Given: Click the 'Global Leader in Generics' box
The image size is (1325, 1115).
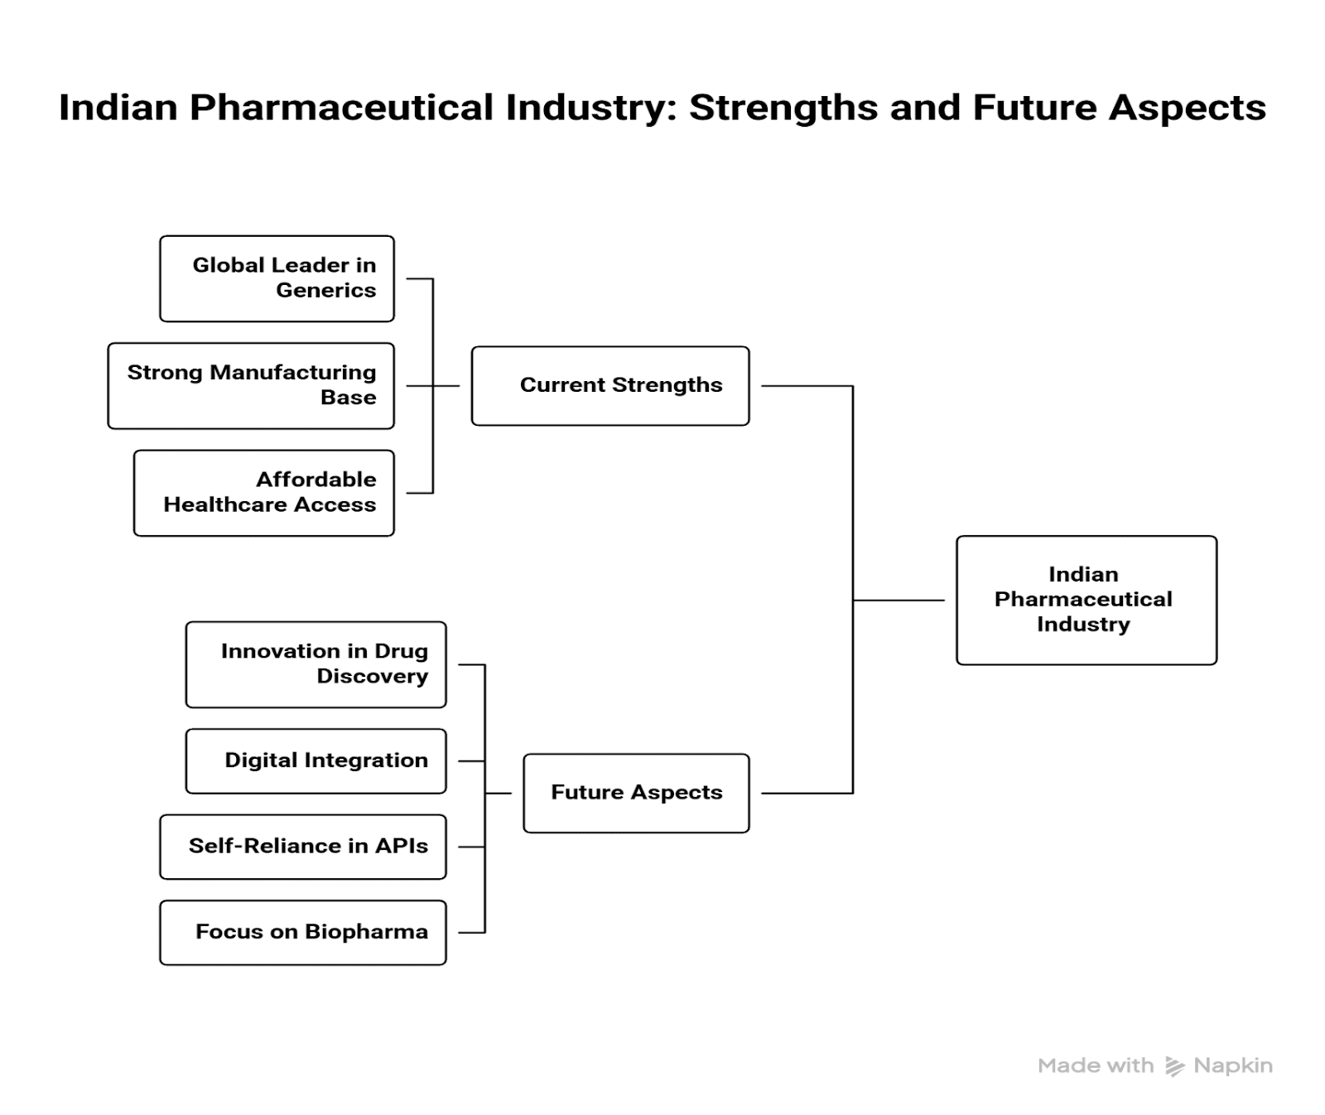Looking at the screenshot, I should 277,278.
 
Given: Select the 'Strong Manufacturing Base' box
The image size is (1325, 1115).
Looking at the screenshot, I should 251,386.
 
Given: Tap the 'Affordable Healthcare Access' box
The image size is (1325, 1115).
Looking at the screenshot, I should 263,493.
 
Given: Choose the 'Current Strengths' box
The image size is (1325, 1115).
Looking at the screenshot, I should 610,386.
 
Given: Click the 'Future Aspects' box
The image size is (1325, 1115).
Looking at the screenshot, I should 636,793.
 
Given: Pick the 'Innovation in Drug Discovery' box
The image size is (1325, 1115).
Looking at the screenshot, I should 316,664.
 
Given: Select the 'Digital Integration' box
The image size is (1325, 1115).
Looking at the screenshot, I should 316,760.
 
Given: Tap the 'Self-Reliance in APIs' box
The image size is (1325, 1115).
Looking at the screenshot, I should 302,847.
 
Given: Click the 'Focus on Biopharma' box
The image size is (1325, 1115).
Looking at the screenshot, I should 302,932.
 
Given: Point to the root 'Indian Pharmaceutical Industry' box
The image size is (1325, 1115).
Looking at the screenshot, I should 1086,600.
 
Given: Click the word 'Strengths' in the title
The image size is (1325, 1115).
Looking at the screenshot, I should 783,109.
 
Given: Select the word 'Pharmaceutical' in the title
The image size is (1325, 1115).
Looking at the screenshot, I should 341,109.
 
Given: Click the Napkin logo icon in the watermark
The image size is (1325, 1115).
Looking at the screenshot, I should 1174,1066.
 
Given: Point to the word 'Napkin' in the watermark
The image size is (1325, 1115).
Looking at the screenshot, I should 1233,1066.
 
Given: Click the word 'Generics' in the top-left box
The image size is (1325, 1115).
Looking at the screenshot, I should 325,291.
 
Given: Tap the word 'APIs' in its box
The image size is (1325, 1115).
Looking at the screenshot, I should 402,846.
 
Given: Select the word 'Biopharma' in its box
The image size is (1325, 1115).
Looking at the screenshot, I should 366,932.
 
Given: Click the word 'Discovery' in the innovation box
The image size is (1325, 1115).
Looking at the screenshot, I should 372,677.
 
